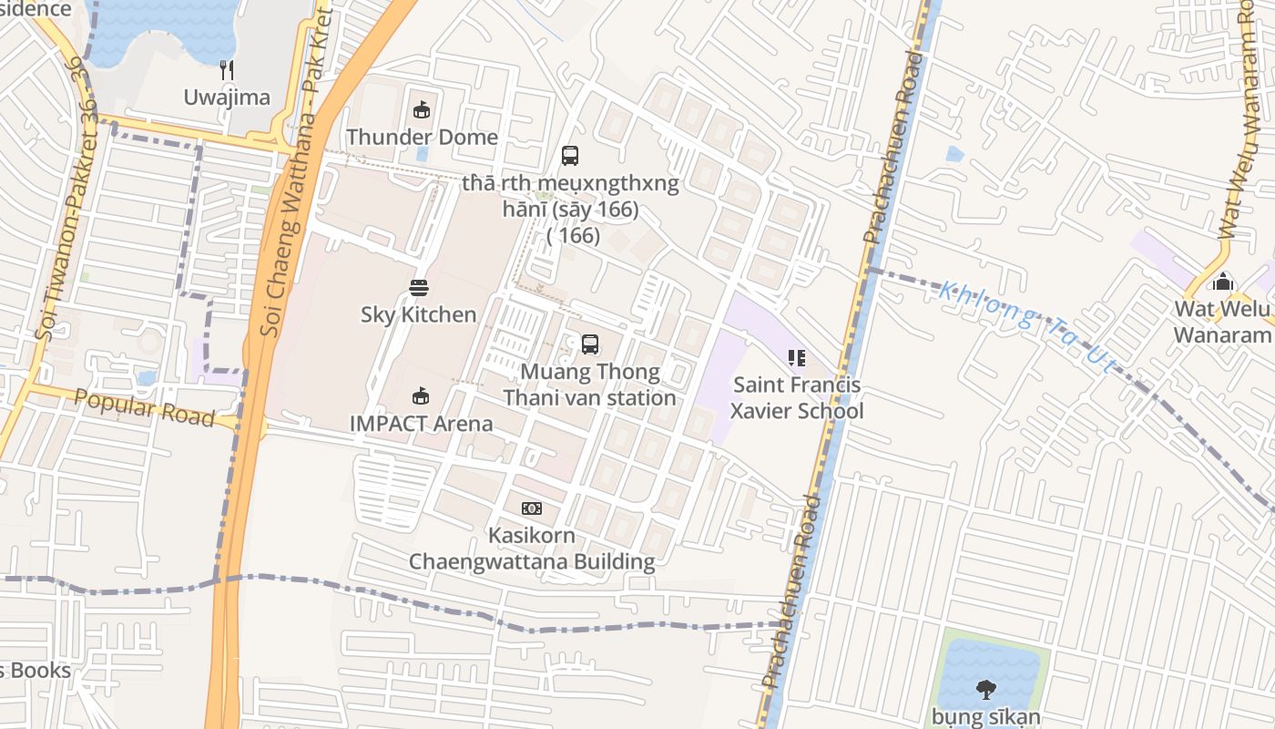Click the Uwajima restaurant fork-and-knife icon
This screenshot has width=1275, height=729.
pyautogui.click(x=227, y=69)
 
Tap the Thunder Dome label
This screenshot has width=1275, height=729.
pyautogui.click(x=422, y=138)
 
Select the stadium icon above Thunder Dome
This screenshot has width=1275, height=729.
pyautogui.click(x=421, y=110)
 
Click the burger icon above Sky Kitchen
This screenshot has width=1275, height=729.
pyautogui.click(x=419, y=288)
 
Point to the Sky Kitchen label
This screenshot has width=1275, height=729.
pyautogui.click(x=419, y=314)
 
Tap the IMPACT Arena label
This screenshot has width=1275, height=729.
pyautogui.click(x=422, y=424)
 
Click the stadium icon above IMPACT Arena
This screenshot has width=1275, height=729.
pyautogui.click(x=420, y=396)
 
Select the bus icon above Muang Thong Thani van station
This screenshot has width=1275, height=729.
pyautogui.click(x=590, y=344)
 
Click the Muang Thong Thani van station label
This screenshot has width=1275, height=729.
pyautogui.click(x=590, y=385)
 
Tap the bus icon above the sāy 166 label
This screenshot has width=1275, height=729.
pyautogui.click(x=570, y=156)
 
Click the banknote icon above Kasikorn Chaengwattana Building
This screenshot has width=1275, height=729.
pyautogui.click(x=531, y=508)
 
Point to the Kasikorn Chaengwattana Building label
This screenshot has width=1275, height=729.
pyautogui.click(x=531, y=548)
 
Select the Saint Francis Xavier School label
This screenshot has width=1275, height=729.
pyautogui.click(x=797, y=398)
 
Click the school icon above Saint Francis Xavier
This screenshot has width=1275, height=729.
pyautogui.click(x=797, y=358)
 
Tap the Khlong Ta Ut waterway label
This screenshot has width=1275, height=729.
pyautogui.click(x=1027, y=327)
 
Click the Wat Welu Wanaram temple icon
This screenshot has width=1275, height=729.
pyautogui.click(x=1222, y=282)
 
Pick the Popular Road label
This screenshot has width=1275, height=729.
pyautogui.click(x=144, y=407)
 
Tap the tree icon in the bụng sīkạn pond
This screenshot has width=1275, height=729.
pyautogui.click(x=985, y=689)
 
